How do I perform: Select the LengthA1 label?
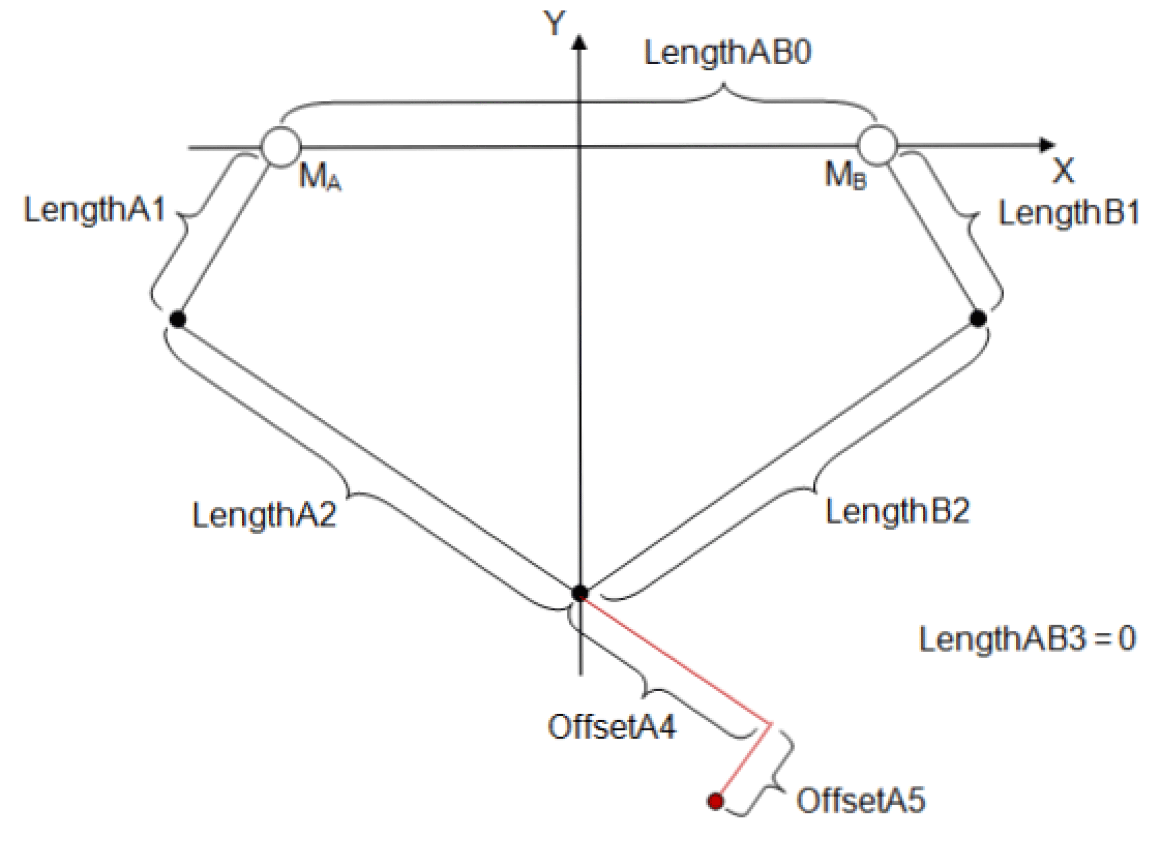[95, 210]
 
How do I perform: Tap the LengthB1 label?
[1068, 214]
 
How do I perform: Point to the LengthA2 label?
[264, 515]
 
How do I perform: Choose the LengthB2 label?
[897, 511]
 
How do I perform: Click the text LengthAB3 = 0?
[1027, 639]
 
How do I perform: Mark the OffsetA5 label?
[861, 801]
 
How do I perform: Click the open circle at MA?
[281, 147]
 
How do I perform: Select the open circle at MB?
[877, 145]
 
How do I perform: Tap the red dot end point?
[716, 800]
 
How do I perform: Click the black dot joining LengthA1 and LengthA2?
[177, 319]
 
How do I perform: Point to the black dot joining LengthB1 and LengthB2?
[978, 318]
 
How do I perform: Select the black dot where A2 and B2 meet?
[579, 593]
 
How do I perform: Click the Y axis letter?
[554, 23]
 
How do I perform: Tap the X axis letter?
[1063, 171]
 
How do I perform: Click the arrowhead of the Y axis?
[579, 42]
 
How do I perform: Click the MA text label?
[319, 177]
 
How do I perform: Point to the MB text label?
[845, 175]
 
